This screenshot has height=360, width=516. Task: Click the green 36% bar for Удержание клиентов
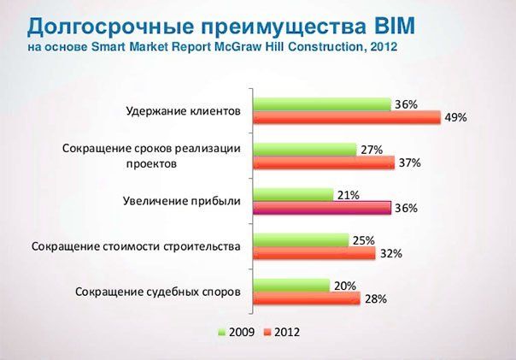click(322, 104)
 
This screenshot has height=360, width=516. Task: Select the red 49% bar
click(347, 118)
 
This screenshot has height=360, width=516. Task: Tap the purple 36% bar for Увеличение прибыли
click(322, 208)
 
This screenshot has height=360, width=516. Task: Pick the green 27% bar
click(305, 150)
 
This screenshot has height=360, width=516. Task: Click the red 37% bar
click(324, 162)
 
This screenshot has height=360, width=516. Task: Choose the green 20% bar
click(291, 286)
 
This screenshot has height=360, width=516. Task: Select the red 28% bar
click(307, 298)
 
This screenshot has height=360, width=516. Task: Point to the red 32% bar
click(314, 253)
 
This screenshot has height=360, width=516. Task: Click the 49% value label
click(456, 117)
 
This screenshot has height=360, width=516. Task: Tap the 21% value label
click(349, 195)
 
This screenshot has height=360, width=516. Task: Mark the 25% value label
click(364, 241)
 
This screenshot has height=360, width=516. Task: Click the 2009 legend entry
click(237, 332)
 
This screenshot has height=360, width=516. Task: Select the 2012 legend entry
click(282, 332)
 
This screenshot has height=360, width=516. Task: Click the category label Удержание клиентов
click(184, 111)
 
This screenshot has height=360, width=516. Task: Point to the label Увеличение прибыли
click(182, 201)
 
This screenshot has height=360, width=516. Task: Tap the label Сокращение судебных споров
click(158, 292)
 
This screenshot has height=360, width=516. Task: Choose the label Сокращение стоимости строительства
click(136, 246)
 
